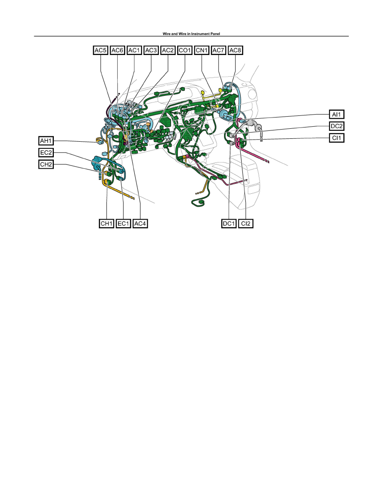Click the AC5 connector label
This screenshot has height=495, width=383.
tap(101, 50)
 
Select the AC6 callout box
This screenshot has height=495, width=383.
tap(118, 50)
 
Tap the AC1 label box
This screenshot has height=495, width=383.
tap(134, 50)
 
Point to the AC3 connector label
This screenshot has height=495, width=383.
tap(151, 50)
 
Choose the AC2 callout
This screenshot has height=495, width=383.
tap(168, 50)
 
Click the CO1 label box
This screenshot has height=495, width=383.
tap(185, 50)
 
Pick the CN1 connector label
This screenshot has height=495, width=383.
tap(202, 50)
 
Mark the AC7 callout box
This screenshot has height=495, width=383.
tap(218, 50)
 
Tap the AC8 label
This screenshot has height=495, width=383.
tap(235, 50)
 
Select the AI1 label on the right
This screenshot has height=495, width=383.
tap(337, 114)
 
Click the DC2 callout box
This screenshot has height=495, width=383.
tap(337, 126)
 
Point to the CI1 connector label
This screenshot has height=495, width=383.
tap(337, 138)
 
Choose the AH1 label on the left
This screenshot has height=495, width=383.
tap(46, 141)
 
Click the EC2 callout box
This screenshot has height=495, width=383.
tap(46, 153)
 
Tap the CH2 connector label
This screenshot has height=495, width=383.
tap(46, 165)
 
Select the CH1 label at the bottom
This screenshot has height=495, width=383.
tap(106, 223)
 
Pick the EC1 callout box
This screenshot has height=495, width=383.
tap(123, 223)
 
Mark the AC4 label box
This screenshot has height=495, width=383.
tap(140, 223)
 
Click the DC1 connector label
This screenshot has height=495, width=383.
tap(229, 223)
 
